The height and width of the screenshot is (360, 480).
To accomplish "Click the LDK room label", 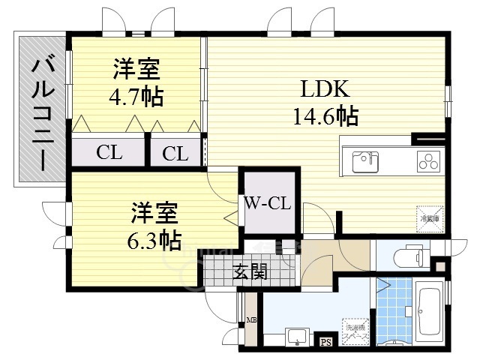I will coord(325,89).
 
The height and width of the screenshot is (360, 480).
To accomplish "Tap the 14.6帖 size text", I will coord(325,116).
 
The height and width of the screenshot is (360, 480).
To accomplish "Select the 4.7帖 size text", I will coord(136,97).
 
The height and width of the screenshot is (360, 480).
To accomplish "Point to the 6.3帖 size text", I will coord(153,240).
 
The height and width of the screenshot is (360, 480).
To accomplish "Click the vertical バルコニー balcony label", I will coord(40,113).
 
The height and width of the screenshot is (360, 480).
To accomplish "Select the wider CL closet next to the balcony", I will coord(109,152).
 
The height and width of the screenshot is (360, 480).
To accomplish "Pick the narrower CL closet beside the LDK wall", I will coord(175,154).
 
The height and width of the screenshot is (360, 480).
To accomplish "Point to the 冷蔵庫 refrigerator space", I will coord(427,216).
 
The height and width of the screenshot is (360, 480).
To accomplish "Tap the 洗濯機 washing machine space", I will coord(354,330).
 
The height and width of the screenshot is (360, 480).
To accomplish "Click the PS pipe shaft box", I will coord(326,343).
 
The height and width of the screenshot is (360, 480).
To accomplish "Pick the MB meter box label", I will coord(251,322).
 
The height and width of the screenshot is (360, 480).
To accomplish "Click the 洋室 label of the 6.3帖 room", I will coord(155,213).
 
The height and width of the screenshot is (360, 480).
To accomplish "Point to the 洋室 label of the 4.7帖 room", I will coord(136,70).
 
